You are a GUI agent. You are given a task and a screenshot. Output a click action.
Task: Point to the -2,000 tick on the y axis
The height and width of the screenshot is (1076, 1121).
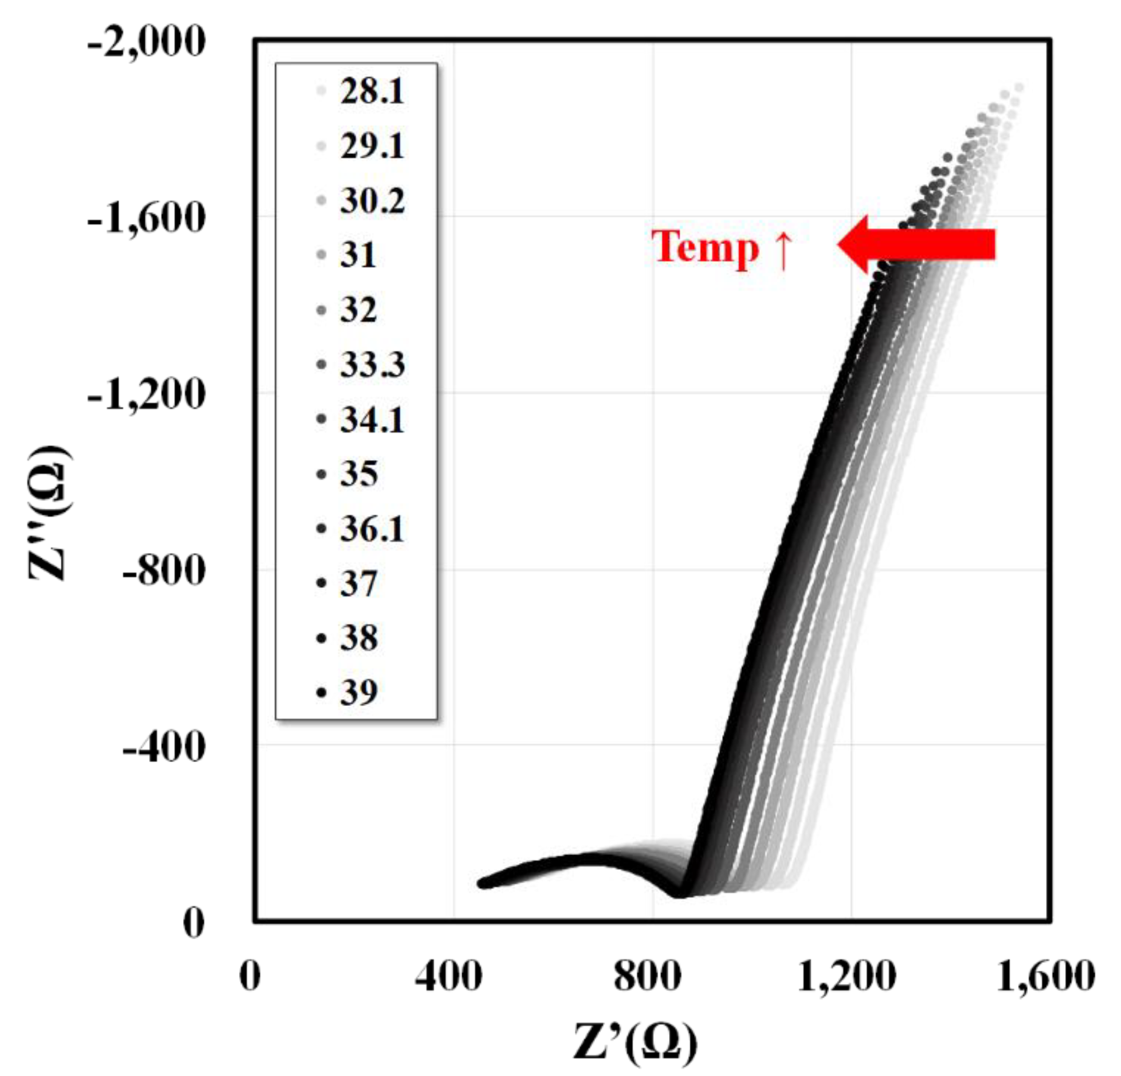tap(146, 44)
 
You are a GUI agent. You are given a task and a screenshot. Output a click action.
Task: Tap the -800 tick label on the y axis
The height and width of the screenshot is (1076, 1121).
tap(163, 571)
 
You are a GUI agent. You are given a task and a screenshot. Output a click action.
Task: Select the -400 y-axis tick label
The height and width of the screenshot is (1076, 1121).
tap(163, 747)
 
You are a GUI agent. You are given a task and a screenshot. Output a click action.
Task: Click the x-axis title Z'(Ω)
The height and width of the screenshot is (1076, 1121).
tap(635, 1042)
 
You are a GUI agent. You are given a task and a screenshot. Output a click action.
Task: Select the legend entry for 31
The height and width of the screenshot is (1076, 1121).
tap(358, 255)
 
